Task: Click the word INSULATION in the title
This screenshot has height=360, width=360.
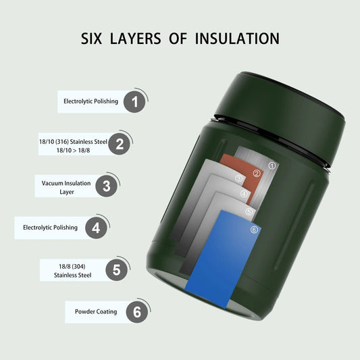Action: click(237, 38)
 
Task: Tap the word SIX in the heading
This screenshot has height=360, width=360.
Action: click(91, 38)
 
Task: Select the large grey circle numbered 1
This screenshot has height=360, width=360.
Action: click(134, 102)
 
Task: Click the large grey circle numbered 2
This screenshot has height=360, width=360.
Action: click(119, 144)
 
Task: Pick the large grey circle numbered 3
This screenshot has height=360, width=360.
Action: click(106, 186)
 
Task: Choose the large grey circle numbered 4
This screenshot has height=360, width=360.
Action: click(96, 228)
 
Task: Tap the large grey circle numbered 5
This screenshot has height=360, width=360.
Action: click(117, 269)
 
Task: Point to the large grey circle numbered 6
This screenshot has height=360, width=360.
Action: click(137, 312)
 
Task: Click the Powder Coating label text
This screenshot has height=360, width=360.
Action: click(96, 311)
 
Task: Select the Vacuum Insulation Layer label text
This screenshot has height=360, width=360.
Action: click(66, 187)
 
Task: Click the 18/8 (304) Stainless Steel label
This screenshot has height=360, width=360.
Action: click(72, 271)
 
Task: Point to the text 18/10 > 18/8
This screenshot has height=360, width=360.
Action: click(73, 151)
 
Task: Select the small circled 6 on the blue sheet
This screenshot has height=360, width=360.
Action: click(254, 230)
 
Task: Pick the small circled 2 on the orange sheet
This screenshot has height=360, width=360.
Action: click(257, 174)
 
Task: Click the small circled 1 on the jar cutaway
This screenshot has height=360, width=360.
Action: click(272, 165)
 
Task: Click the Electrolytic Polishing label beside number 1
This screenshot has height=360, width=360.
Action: click(91, 101)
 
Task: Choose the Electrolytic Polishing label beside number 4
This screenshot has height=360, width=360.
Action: click(50, 228)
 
